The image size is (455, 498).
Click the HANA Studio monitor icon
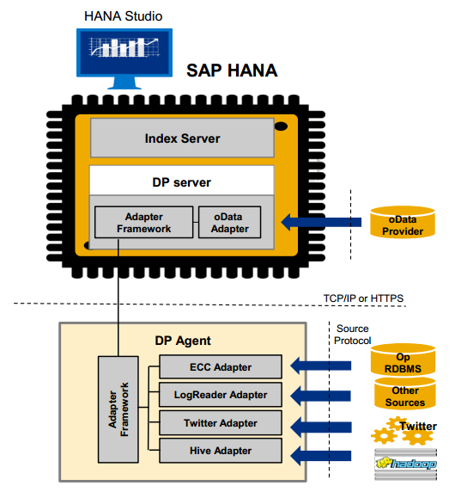click(x=124, y=57)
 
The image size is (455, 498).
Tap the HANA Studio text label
click(x=124, y=16)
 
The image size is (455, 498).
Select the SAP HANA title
click(x=232, y=71)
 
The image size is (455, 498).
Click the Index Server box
click(x=182, y=138)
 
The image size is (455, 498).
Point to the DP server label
click(x=182, y=183)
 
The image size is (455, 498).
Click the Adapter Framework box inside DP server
click(x=143, y=223)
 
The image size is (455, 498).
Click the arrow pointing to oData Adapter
click(x=321, y=223)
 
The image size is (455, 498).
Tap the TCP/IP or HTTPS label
click(x=366, y=298)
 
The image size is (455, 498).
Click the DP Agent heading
click(x=182, y=341)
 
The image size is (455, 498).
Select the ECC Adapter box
click(x=220, y=367)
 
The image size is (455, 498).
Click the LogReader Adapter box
click(x=220, y=395)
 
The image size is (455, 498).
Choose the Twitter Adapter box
click(x=220, y=423)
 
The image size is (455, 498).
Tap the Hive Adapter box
click(x=220, y=451)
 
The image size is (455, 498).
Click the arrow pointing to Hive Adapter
click(x=321, y=451)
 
